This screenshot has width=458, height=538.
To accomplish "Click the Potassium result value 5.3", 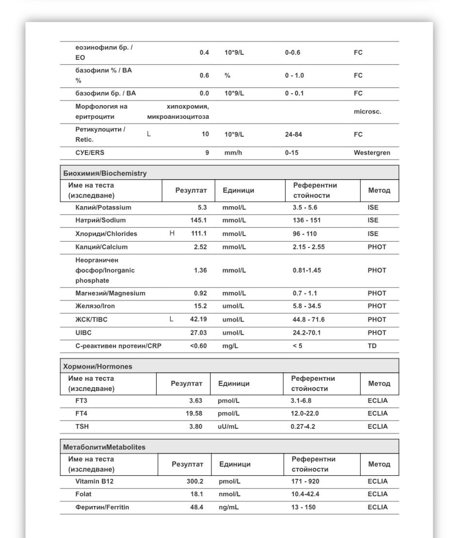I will pos(202,208).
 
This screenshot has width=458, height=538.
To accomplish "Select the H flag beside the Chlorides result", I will pos(172,233).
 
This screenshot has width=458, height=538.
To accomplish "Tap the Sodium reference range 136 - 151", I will pos(307,220).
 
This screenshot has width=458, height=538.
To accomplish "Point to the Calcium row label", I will pos(101,247).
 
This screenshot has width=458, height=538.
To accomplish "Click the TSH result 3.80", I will pos(196,426).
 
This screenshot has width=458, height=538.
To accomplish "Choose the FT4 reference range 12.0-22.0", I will pos(305,413).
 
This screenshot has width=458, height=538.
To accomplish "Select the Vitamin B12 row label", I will pos(94,482).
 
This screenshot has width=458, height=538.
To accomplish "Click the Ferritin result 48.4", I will pos(196,507).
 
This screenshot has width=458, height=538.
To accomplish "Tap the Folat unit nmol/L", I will pos(229,494).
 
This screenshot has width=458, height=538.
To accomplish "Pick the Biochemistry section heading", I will pos(105,173).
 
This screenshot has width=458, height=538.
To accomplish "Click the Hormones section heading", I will pos(98,366).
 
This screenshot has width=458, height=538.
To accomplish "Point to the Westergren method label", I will pos(372,153).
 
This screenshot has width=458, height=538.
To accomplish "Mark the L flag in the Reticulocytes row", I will pos(148,134).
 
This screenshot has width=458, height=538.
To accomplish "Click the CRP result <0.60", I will pos(198,346).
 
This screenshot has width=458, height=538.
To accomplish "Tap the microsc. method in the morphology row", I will pos(367,112).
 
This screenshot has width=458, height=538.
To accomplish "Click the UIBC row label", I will pos(83,333).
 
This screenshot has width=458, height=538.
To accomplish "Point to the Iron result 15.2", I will pos(200,306).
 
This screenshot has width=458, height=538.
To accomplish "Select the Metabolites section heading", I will pos(104,447).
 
